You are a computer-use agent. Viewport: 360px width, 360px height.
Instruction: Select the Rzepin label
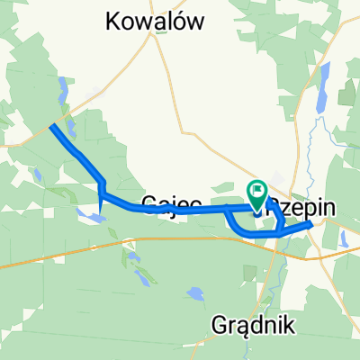(301, 207)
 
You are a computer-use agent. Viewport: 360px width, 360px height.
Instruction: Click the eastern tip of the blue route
(311, 226)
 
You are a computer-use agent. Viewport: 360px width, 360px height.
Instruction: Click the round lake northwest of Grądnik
(195, 293)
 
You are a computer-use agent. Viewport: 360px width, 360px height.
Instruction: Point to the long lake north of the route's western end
(62, 90)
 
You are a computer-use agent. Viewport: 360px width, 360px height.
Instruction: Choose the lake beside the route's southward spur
(88, 215)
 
